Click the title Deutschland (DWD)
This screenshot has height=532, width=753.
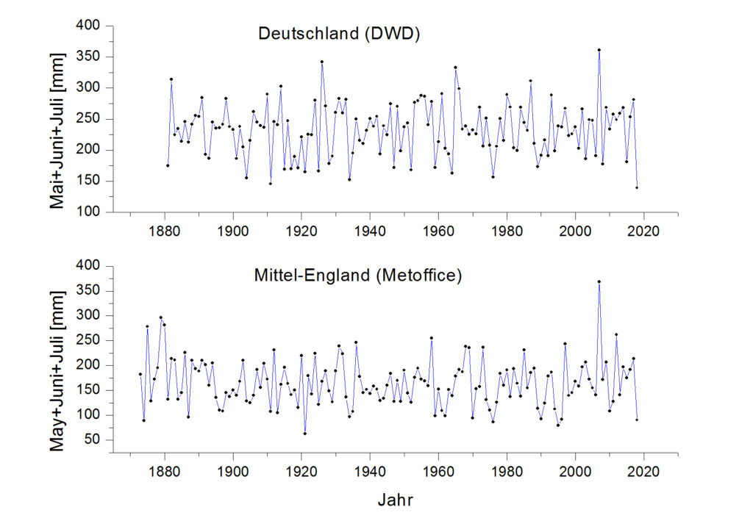click(x=339, y=34)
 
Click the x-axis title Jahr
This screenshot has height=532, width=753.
click(x=395, y=501)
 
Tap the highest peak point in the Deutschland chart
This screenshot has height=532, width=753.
click(x=599, y=50)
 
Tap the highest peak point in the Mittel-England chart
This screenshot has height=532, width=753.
click(x=599, y=281)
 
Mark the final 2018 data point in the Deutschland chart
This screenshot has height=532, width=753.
click(x=637, y=187)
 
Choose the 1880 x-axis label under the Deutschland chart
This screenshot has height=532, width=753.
click(x=165, y=229)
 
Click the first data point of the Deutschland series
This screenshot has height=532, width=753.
click(x=168, y=165)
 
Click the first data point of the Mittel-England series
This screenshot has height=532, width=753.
click(x=140, y=374)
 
